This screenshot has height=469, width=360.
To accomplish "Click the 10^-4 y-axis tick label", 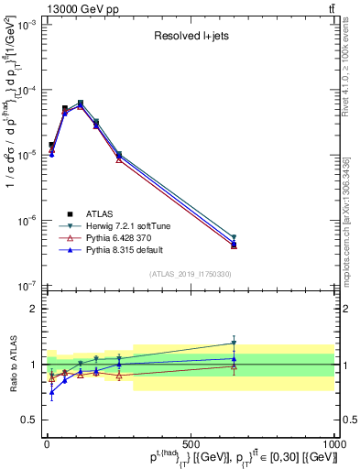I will coord(26,91).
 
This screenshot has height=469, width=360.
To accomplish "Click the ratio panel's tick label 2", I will coord(34,309).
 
